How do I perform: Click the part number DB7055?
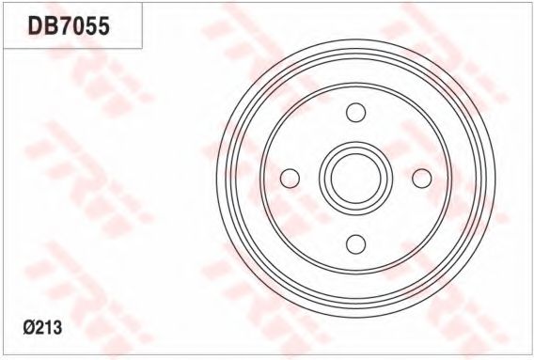pos(69,26)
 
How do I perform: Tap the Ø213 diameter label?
pos(42,328)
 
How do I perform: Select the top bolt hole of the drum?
pos(356,113)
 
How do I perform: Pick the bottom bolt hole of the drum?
pos(356,244)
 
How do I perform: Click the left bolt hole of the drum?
pos(290,179)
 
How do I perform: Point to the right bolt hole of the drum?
pos(422,179)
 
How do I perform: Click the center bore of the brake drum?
pos(356,179)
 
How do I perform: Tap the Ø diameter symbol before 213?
pos(29,328)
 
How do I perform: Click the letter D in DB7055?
pos(35,26)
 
